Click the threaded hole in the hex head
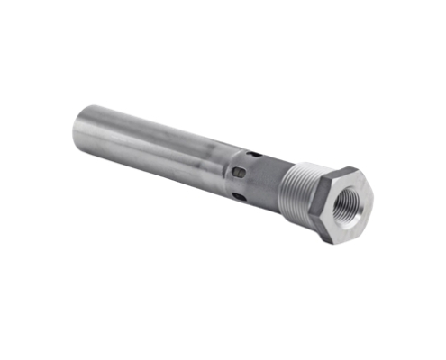pyautogui.click(x=346, y=207)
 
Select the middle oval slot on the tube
pyautogui.click(x=238, y=172)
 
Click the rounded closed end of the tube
pyautogui.click(x=76, y=130)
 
